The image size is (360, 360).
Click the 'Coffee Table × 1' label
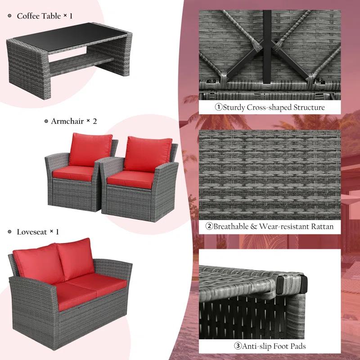coord(45,16)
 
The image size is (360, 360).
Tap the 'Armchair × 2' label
coord(74,121)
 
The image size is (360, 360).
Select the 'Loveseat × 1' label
coord(38,232)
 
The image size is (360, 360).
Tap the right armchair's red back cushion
coord(148,153)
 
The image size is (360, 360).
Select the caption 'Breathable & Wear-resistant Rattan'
coord(274,226)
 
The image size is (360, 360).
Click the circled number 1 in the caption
coord(218,108)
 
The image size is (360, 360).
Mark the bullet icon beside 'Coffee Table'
coord(9,16)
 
